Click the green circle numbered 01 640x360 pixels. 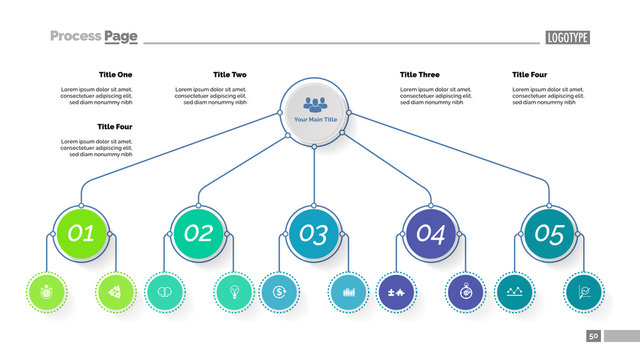[x=82, y=234]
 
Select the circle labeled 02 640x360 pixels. [x=198, y=234]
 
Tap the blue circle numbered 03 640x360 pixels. [x=314, y=234]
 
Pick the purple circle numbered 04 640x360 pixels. [x=430, y=234]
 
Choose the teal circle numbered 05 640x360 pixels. [x=549, y=234]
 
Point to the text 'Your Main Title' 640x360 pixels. [x=315, y=120]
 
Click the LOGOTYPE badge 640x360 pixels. [x=568, y=38]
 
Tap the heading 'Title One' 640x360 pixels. [x=115, y=75]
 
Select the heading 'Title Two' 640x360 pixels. [x=230, y=75]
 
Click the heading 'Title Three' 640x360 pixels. [x=419, y=75]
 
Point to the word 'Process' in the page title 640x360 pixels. [x=75, y=36]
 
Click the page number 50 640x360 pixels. [x=594, y=336]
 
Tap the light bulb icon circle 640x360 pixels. [x=233, y=292]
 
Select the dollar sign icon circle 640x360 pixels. [x=279, y=292]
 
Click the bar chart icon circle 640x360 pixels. [x=349, y=292]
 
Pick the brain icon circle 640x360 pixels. [x=163, y=292]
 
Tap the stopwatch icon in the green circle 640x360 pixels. [x=46, y=292]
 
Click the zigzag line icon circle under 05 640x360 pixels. [x=514, y=292]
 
